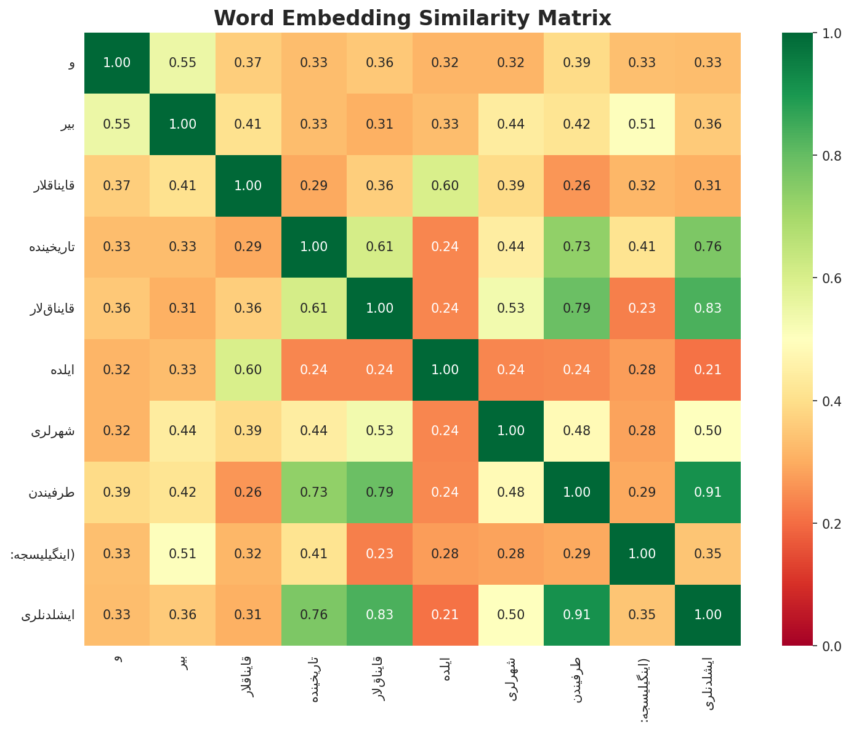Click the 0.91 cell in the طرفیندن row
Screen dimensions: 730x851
pos(708,492)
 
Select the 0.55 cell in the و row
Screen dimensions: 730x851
pos(182,63)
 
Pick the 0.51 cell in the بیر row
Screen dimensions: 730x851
pos(642,124)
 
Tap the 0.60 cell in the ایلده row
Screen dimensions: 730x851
pos(248,370)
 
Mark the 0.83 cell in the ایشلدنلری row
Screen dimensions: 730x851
pos(379,615)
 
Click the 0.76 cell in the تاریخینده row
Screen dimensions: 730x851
pos(708,247)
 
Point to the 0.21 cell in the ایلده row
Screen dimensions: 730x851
pos(708,370)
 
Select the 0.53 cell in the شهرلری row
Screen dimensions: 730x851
pos(379,431)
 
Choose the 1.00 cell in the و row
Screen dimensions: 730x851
pos(116,63)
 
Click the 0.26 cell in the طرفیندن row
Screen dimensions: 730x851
pos(248,492)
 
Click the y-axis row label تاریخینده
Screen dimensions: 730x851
pos(52,247)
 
